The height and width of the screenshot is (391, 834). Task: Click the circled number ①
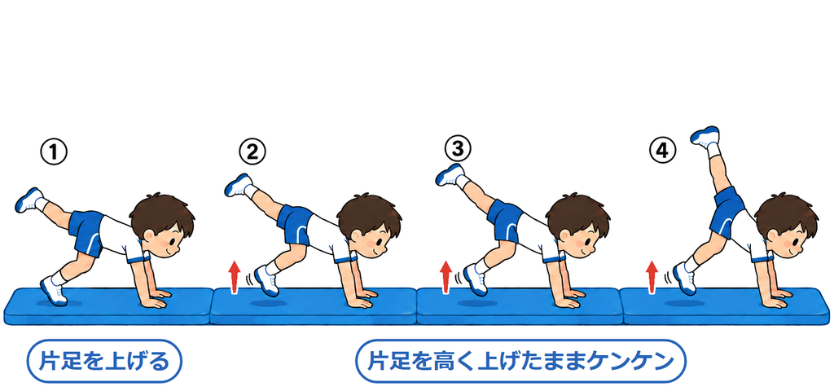(x=54, y=152)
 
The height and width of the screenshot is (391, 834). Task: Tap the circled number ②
(x=252, y=152)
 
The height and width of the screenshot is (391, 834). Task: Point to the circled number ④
(x=662, y=151)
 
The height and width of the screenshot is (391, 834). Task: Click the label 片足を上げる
(x=104, y=361)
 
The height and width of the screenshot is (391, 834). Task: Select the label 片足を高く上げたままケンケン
(x=520, y=361)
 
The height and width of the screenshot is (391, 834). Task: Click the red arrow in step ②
(x=233, y=277)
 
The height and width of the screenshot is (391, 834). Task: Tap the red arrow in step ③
(x=446, y=277)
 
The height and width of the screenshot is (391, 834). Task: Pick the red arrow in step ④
(x=652, y=277)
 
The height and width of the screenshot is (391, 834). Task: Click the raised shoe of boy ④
(x=705, y=136)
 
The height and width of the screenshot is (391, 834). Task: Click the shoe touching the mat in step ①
(x=54, y=291)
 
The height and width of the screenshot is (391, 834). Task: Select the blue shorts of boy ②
(x=294, y=224)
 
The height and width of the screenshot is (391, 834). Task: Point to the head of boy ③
(x=578, y=226)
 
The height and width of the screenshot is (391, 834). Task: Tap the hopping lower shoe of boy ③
(x=475, y=280)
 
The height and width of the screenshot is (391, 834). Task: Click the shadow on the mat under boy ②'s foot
(x=269, y=303)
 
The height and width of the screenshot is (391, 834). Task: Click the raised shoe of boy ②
(x=239, y=185)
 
